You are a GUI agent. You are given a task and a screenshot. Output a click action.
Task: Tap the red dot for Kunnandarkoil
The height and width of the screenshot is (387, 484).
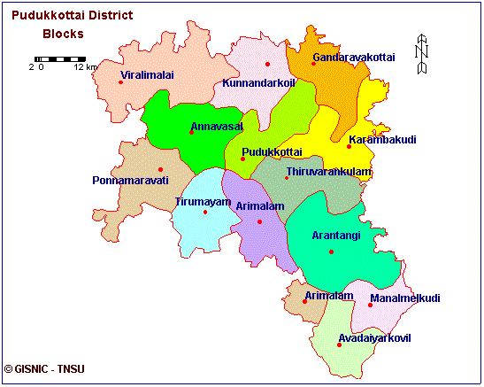pyautogui.click(x=266, y=65)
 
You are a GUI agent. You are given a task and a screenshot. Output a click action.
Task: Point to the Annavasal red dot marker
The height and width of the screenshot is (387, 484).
pyautogui.click(x=191, y=133)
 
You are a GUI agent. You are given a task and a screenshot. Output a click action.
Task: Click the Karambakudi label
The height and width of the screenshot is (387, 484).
pyautogui.click(x=382, y=139)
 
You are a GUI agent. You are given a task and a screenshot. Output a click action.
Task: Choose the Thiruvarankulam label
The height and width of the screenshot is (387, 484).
pyautogui.click(x=329, y=171)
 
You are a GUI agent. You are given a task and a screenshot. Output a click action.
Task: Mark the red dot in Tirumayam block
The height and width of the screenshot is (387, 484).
pyautogui.click(x=204, y=212)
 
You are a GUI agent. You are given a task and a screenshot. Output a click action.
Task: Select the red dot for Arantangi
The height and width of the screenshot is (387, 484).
pyautogui.click(x=331, y=252)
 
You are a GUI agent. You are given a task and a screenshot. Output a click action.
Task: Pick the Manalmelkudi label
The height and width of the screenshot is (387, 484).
pyautogui.click(x=404, y=298)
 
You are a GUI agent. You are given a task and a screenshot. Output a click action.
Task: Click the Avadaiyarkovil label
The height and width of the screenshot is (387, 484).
pyautogui.click(x=375, y=337)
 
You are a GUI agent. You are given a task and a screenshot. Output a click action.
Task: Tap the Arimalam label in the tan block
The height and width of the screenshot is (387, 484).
pyautogui.click(x=329, y=295)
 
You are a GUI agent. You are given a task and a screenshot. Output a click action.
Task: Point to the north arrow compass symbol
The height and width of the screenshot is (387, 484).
pyautogui.click(x=422, y=55)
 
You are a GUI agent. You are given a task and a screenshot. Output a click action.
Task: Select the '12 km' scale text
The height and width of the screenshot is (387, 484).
pyautogui.click(x=85, y=67)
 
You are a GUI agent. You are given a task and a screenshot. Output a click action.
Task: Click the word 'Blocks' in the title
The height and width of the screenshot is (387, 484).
pyautogui.click(x=63, y=35)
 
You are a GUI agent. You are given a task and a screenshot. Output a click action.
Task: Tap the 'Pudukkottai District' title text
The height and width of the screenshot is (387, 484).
pyautogui.click(x=72, y=15)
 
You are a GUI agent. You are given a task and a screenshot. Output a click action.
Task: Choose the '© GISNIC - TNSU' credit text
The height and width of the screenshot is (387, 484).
pyautogui.click(x=42, y=368)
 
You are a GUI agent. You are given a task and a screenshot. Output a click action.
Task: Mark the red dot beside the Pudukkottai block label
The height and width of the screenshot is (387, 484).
pyautogui.click(x=242, y=159)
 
